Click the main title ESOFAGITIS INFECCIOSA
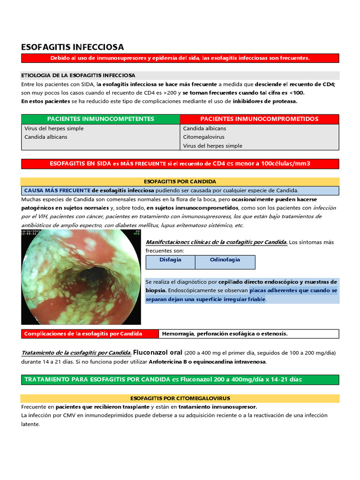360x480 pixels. tap(73, 47)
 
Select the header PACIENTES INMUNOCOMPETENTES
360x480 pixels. tap(101, 119)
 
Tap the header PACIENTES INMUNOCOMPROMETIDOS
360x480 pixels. tap(259, 119)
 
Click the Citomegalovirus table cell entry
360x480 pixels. tap(203, 137)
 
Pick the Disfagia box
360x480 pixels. tap(170, 260)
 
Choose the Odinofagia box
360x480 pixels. tap(225, 260)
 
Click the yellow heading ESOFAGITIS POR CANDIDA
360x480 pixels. tap(180, 181)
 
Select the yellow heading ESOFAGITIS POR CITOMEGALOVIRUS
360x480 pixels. tap(180, 398)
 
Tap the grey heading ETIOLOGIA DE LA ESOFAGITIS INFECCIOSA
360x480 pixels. tap(78, 75)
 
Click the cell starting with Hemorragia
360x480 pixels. tap(225, 334)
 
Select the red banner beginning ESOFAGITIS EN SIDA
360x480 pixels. tap(180, 164)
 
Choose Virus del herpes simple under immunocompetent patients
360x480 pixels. tap(54, 128)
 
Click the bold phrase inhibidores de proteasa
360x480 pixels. tap(265, 101)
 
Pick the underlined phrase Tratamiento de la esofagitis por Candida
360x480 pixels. tap(76, 353)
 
